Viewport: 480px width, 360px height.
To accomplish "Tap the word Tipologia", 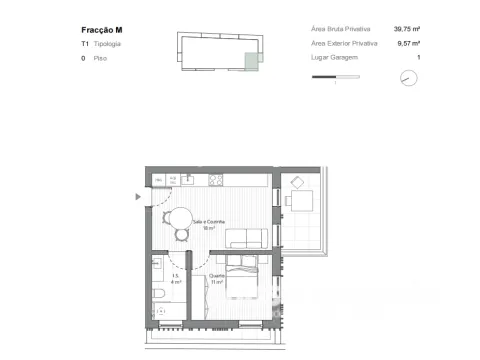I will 109,45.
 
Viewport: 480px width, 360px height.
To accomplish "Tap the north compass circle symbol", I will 407,79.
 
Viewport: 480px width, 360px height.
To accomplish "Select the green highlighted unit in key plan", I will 251,60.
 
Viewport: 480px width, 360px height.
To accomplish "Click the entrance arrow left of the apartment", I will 138,196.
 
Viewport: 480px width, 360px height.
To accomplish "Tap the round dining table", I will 181,217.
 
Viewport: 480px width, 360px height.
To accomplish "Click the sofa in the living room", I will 247,238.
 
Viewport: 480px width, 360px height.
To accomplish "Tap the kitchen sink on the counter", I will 187,180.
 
